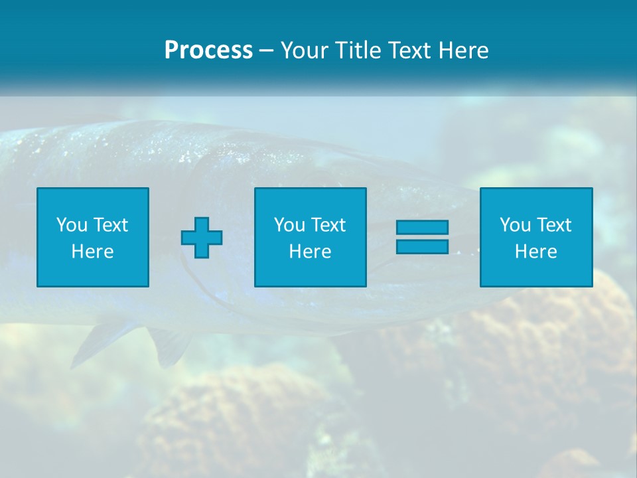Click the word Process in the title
tap(208, 50)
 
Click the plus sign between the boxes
tap(202, 238)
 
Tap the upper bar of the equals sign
tap(422, 227)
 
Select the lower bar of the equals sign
tap(422, 246)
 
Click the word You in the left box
tap(72, 225)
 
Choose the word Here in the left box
tap(92, 252)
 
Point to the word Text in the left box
tap(110, 225)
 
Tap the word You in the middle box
tap(289, 225)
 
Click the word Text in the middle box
tap(328, 225)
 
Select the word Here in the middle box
tap(310, 252)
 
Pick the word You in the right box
tap(515, 225)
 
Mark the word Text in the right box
tap(553, 225)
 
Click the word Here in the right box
tap(535, 252)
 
